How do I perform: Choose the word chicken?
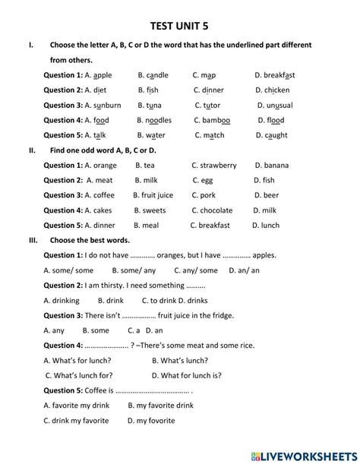coord(276,90)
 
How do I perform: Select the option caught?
coord(276,135)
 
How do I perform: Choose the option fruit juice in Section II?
coord(157,195)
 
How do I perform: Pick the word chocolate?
coord(216,210)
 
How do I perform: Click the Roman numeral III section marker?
coord(33,240)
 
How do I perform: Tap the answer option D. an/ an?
coord(243,270)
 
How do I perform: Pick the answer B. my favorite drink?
coord(161,406)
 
